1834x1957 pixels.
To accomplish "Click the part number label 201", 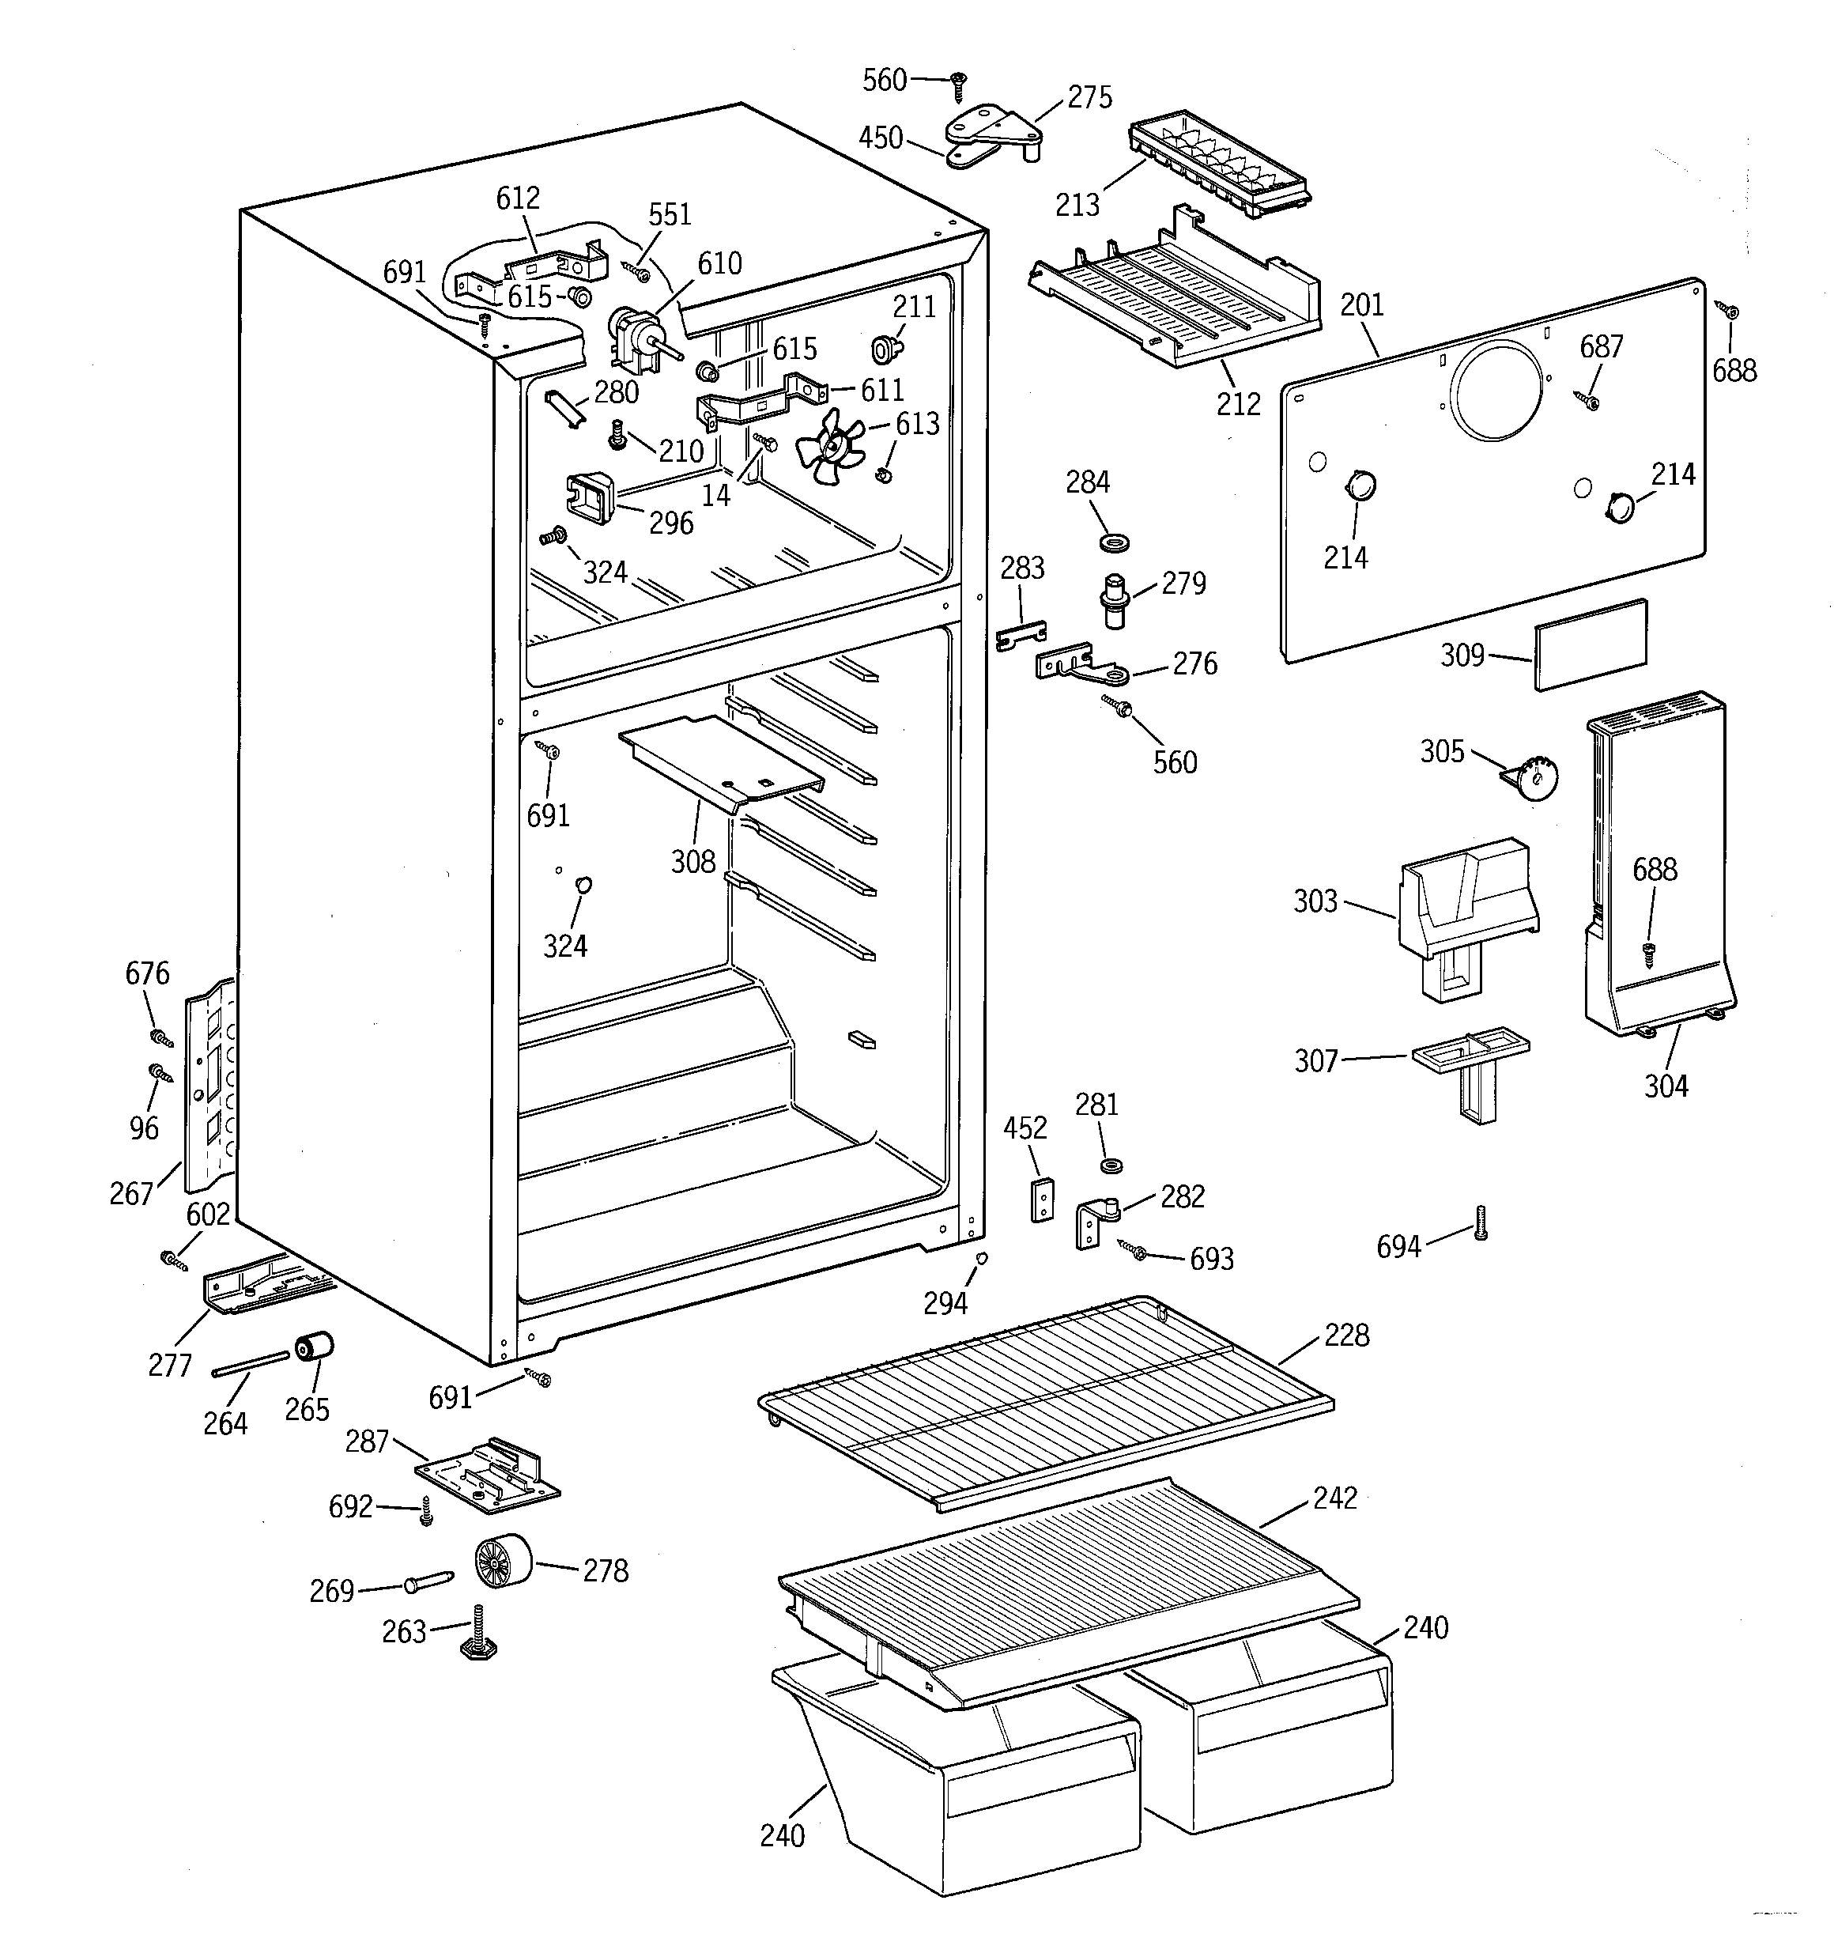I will [1361, 305].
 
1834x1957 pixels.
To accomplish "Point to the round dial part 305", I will [1534, 779].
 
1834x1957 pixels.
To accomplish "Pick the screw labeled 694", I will [1480, 1222].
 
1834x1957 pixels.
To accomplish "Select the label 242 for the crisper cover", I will [1335, 1498].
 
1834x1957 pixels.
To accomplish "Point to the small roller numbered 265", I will [314, 1347].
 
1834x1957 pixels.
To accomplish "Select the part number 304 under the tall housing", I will [1666, 1086].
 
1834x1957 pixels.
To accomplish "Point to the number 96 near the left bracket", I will [144, 1128].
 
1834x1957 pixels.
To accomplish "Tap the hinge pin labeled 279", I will [1113, 598].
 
